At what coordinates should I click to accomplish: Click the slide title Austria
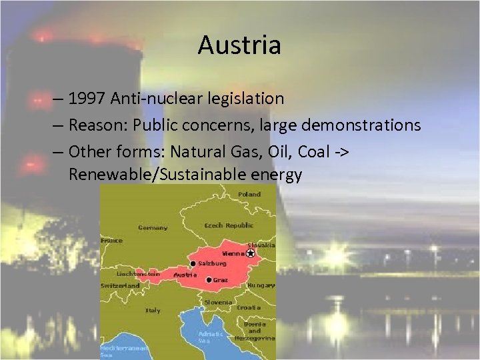(x=239, y=45)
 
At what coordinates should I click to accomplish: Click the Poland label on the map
(x=251, y=193)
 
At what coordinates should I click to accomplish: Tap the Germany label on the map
(x=153, y=227)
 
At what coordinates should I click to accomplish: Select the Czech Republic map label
(x=229, y=225)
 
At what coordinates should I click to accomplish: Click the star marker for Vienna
(x=251, y=253)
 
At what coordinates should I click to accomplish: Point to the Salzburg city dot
(x=193, y=263)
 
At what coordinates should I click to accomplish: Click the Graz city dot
(x=209, y=280)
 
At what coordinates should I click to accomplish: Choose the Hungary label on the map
(x=261, y=285)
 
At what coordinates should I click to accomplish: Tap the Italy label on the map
(x=153, y=310)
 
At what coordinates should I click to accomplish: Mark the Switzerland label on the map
(x=120, y=285)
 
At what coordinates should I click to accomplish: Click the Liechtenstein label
(x=138, y=273)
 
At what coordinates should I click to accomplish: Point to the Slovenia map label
(x=218, y=302)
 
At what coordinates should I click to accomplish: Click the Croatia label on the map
(x=248, y=307)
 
